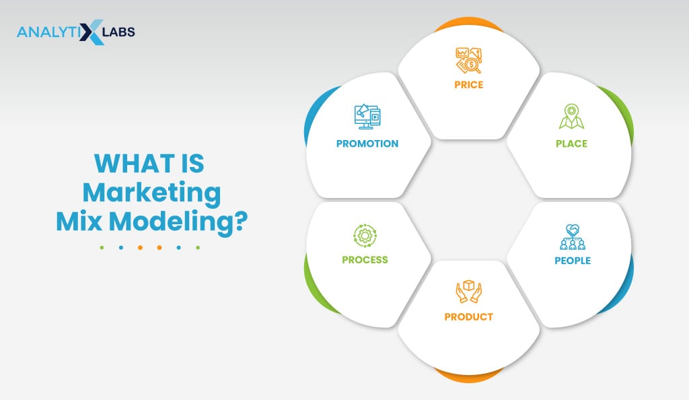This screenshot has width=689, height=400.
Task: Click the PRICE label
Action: (x=468, y=85)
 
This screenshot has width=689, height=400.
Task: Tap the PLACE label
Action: (x=571, y=143)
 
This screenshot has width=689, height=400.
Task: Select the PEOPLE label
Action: (x=573, y=261)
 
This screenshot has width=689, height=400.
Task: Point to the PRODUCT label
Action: (x=468, y=317)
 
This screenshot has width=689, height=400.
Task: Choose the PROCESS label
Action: (x=365, y=260)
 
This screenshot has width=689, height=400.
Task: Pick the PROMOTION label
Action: (x=367, y=143)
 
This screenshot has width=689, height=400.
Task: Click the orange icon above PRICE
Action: (x=469, y=60)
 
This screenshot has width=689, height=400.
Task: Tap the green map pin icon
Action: (x=571, y=116)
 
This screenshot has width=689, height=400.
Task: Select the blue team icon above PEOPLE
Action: (x=573, y=237)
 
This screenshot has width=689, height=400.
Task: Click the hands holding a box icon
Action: (x=469, y=291)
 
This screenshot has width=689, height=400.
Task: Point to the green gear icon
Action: (x=365, y=236)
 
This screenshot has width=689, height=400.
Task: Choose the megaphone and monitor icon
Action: (x=367, y=116)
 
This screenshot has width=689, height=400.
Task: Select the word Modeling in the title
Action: (x=178, y=221)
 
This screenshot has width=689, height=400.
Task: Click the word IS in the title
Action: (x=191, y=164)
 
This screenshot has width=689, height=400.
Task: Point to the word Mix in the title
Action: (x=79, y=221)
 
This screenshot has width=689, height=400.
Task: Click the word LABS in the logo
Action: (x=118, y=32)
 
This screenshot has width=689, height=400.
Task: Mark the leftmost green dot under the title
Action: (x=102, y=247)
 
